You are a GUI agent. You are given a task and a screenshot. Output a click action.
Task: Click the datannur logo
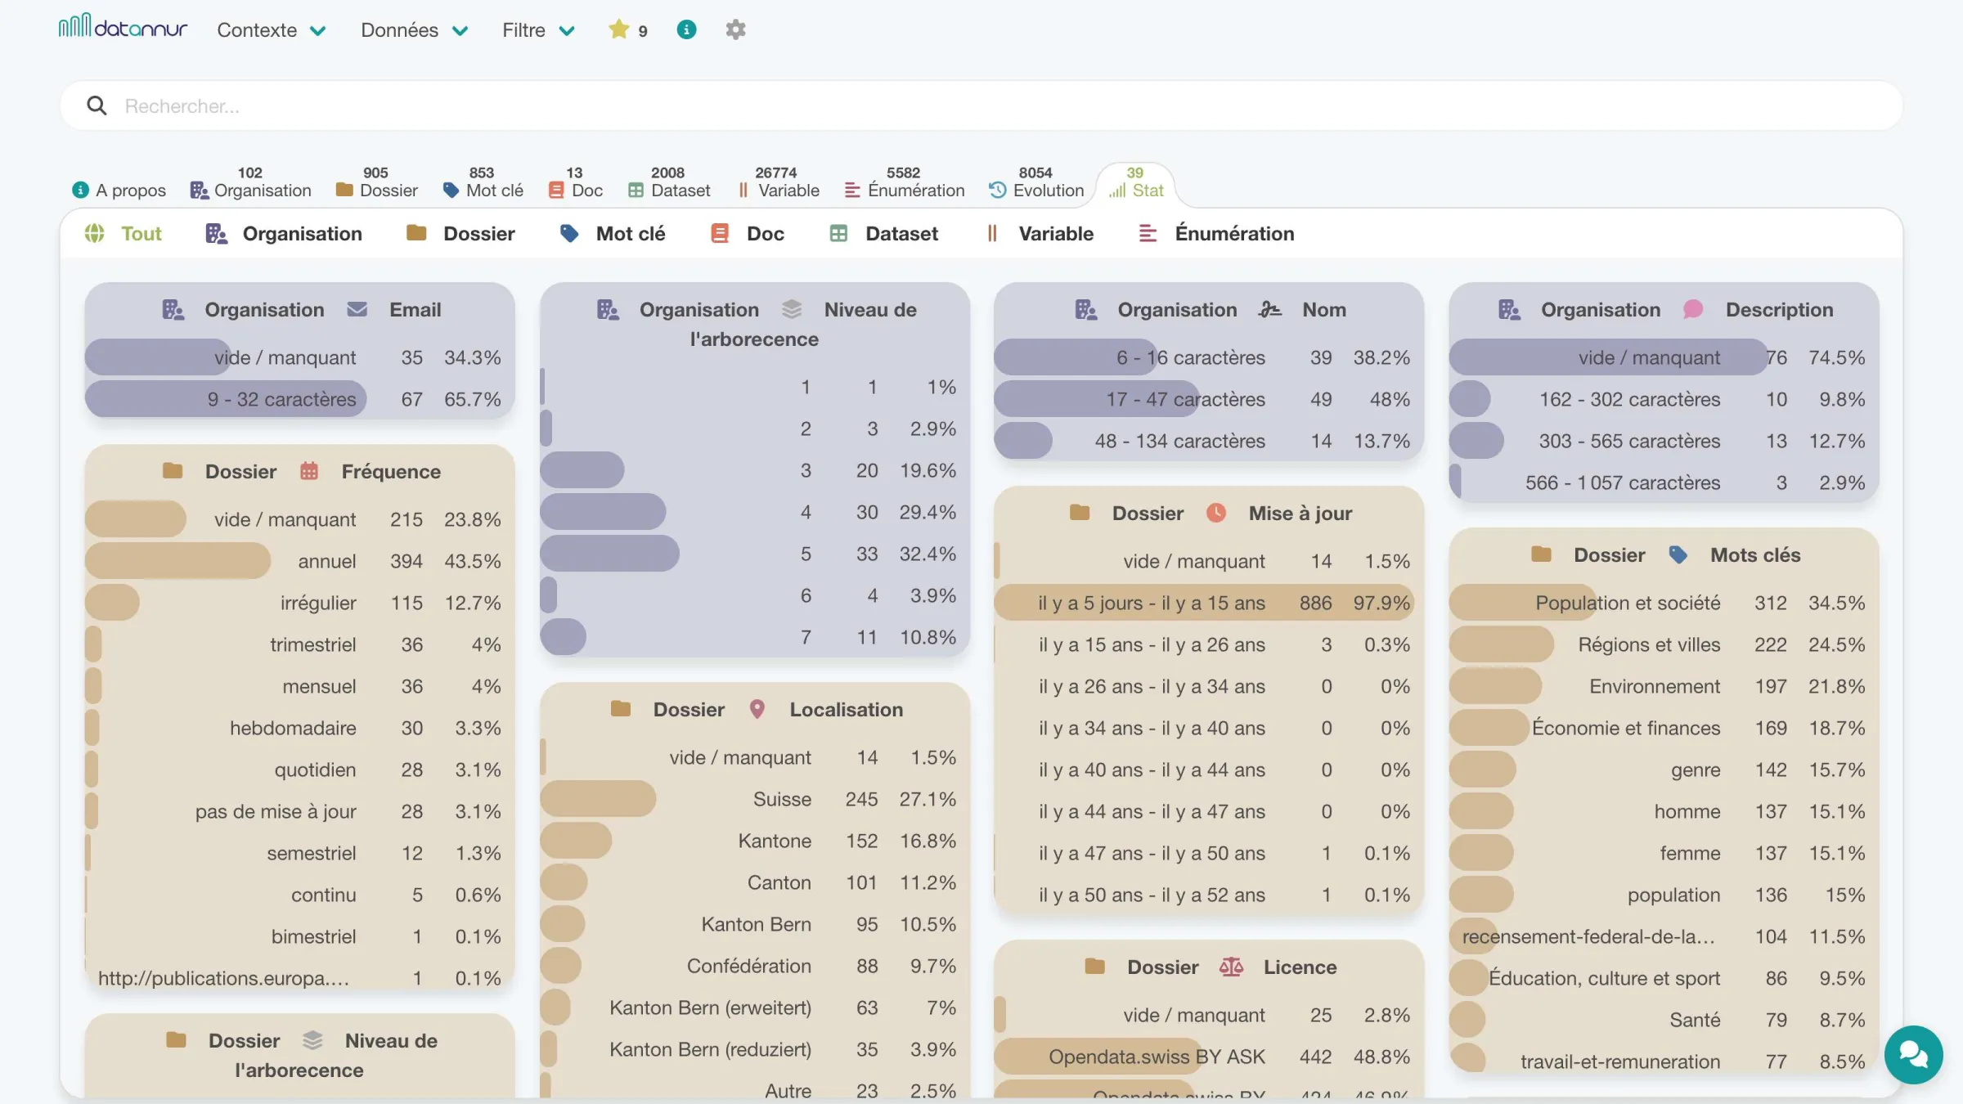pyautogui.click(x=123, y=27)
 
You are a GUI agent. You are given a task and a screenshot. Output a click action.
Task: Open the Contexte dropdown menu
pyautogui.click(x=272, y=30)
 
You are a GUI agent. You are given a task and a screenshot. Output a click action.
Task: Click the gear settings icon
pyautogui.click(x=735, y=30)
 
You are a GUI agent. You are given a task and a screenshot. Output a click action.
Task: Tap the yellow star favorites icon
pyautogui.click(x=618, y=29)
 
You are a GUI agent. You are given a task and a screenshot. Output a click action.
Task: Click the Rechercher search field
pyautogui.click(x=981, y=105)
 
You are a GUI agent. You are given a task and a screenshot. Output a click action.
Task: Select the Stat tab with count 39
pyautogui.click(x=1135, y=183)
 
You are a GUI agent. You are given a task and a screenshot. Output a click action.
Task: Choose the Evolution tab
pyautogui.click(x=1036, y=183)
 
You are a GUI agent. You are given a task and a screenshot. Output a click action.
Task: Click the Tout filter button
pyautogui.click(x=124, y=234)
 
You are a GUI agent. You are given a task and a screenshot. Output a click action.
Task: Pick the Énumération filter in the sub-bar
pyautogui.click(x=1216, y=234)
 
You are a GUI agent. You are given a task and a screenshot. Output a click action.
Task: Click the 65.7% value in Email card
pyautogui.click(x=472, y=399)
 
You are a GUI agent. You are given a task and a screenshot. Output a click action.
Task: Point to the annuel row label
pyautogui.click(x=327, y=561)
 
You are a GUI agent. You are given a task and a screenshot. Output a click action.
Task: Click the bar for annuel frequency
pyautogui.click(x=177, y=561)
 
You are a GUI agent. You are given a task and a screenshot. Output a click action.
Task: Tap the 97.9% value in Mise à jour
pyautogui.click(x=1381, y=603)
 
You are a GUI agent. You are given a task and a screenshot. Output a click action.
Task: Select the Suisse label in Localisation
pyautogui.click(x=782, y=799)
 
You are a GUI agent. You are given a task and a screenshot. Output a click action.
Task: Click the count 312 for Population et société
pyautogui.click(x=1770, y=603)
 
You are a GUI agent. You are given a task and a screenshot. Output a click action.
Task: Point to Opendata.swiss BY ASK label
pyautogui.click(x=1157, y=1057)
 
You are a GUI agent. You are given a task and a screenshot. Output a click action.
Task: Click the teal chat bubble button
pyautogui.click(x=1913, y=1054)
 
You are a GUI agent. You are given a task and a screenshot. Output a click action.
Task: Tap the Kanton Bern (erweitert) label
pyautogui.click(x=710, y=1008)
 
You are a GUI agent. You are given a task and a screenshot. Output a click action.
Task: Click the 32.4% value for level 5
pyautogui.click(x=928, y=554)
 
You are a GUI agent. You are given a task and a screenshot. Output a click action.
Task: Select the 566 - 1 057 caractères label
pyautogui.click(x=1623, y=482)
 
